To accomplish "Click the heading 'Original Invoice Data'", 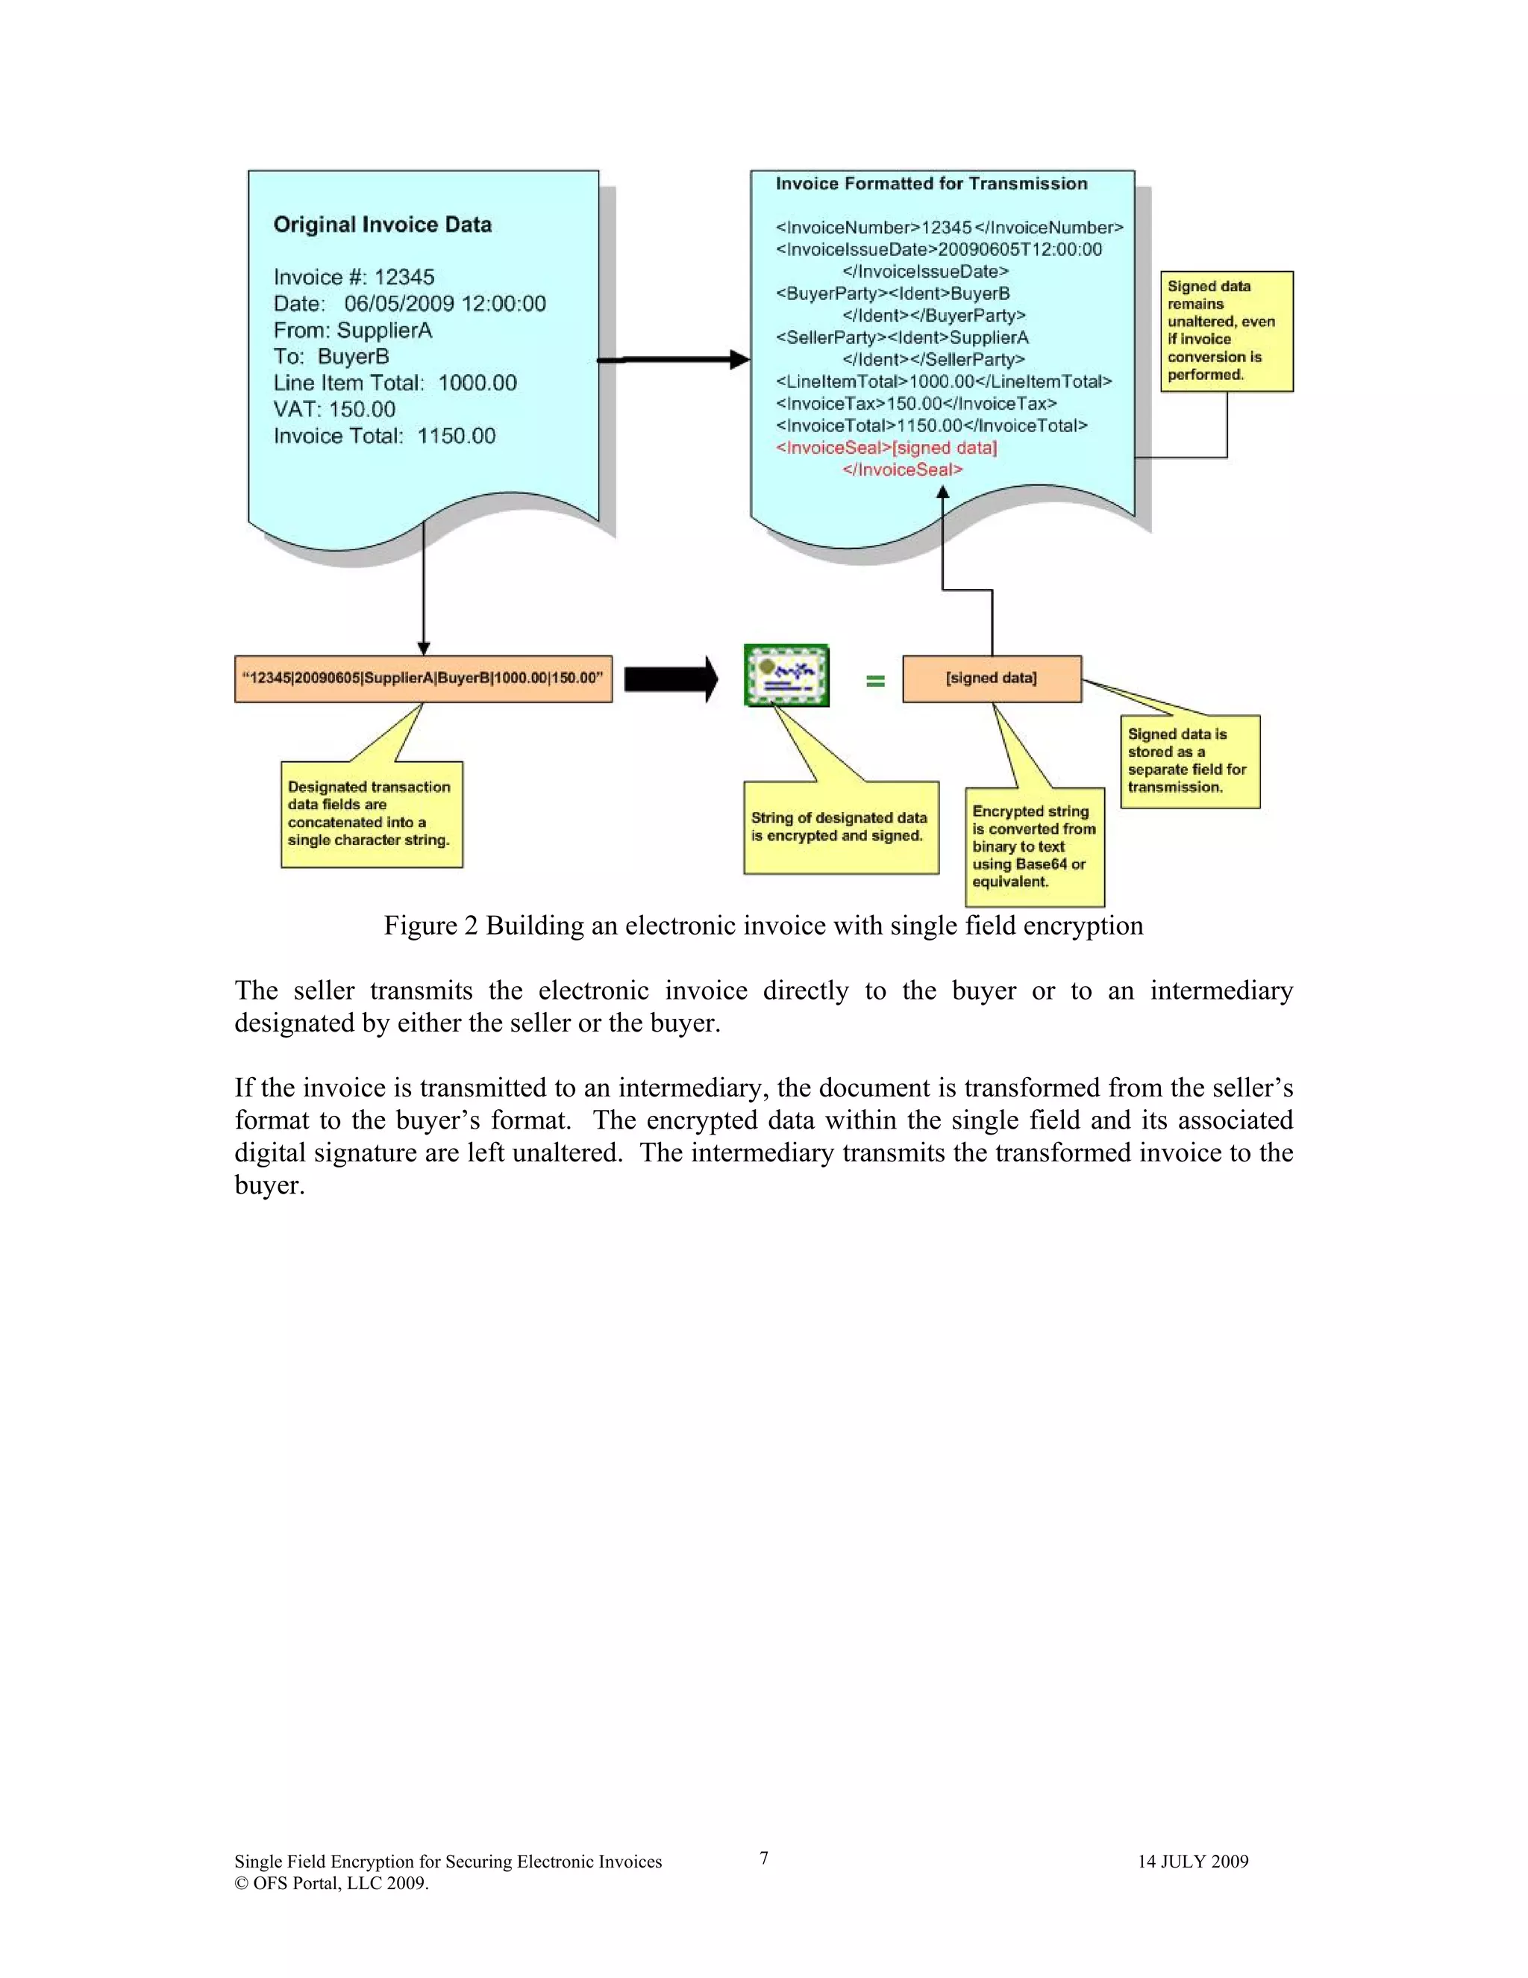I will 382,225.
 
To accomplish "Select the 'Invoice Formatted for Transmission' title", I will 931,184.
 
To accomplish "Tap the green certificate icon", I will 786,676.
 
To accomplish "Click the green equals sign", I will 874,680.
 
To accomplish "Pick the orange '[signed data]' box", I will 992,678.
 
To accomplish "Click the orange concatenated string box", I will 423,678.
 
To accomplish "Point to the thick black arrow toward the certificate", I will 671,678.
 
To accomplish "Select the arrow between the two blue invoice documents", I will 674,361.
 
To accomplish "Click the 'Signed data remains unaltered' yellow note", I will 1226,331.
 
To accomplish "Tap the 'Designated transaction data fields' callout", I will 371,814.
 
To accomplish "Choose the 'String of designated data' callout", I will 840,827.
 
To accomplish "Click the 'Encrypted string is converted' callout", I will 1034,847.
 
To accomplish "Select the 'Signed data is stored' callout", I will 1189,761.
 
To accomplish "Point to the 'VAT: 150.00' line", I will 334,409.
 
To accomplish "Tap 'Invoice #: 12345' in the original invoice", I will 354,277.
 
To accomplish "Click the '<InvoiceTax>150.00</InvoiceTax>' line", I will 916,404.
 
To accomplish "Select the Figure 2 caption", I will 763,926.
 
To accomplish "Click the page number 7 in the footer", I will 764,1858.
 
